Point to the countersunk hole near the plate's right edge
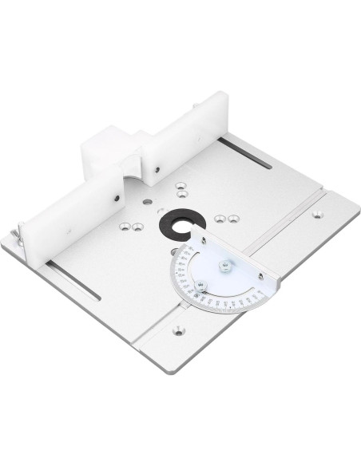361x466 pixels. click(x=317, y=214)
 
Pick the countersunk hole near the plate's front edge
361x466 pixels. click(x=178, y=329)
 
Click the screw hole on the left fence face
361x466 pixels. click(x=117, y=198)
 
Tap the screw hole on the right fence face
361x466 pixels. click(x=157, y=168)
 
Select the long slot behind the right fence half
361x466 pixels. click(x=246, y=151)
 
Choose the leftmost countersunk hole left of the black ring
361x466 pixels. click(x=123, y=227)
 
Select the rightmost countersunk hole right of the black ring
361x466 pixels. click(x=232, y=218)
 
